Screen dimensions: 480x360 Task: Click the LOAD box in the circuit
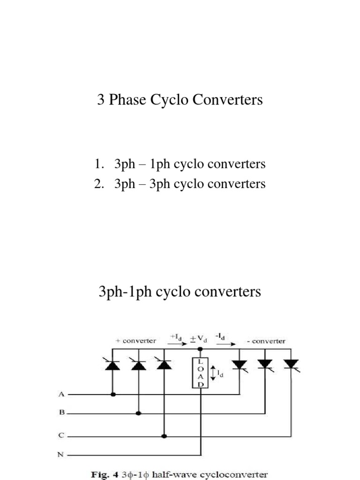click(x=201, y=373)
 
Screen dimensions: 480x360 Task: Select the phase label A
click(x=61, y=394)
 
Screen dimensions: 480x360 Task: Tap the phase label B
click(x=61, y=413)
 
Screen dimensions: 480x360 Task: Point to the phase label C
click(x=61, y=435)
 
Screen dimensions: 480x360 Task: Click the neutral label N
click(x=61, y=454)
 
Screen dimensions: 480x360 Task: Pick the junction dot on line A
click(x=113, y=395)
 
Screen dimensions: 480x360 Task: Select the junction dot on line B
click(x=138, y=413)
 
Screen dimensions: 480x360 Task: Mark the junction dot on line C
click(x=164, y=436)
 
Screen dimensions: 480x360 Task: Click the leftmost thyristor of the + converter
click(x=113, y=365)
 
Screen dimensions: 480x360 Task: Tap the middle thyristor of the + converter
click(x=138, y=365)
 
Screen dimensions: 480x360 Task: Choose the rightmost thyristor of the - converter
click(x=291, y=364)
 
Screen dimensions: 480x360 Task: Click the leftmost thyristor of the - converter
click(x=240, y=364)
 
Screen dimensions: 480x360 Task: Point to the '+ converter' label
click(x=136, y=341)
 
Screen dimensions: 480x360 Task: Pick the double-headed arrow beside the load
click(x=214, y=373)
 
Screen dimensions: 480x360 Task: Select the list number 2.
click(x=98, y=184)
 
